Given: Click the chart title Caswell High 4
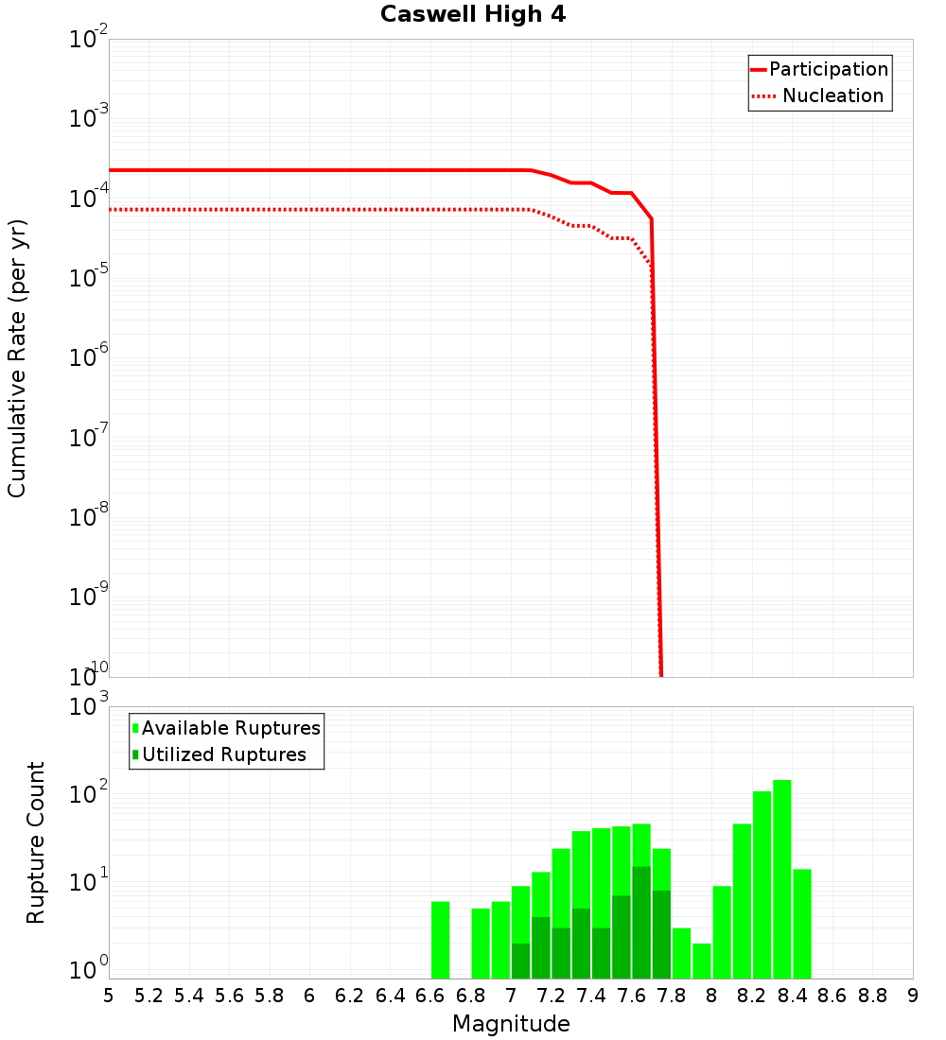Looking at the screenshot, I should pyautogui.click(x=473, y=15).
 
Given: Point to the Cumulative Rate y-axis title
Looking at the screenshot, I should pyautogui.click(x=18, y=357).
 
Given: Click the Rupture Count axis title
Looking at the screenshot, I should pyautogui.click(x=36, y=842).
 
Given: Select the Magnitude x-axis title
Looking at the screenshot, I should pyautogui.click(x=511, y=1024).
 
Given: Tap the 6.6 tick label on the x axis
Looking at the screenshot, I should pyautogui.click(x=430, y=996).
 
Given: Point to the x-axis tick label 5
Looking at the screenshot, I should pyautogui.click(x=109, y=996).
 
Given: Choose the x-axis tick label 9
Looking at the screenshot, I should pyautogui.click(x=913, y=996).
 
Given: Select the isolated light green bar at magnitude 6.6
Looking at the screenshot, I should pyautogui.click(x=441, y=940).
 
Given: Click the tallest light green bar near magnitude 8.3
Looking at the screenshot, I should pyautogui.click(x=782, y=879).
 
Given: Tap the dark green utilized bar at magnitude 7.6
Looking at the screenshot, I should pyautogui.click(x=641, y=922).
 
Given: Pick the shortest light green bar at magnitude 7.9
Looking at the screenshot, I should pyautogui.click(x=702, y=961).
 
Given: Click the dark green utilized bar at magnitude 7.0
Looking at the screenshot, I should pyautogui.click(x=521, y=961).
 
